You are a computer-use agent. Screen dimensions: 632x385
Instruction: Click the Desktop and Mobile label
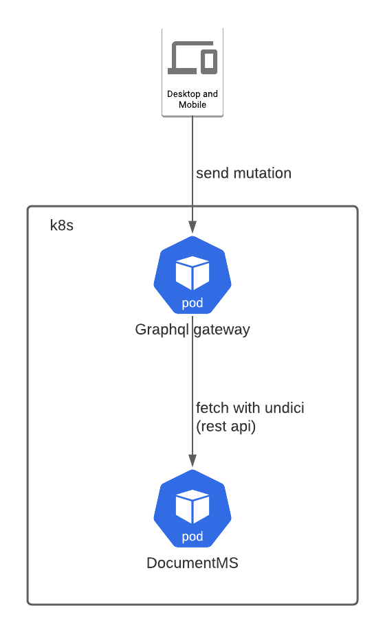coord(192,99)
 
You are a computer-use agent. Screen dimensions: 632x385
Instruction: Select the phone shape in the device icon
coord(210,61)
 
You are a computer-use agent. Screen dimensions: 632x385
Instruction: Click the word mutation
coord(263,173)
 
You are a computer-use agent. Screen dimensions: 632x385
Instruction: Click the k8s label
coord(62,225)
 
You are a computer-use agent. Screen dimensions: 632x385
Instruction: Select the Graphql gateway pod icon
coord(192,278)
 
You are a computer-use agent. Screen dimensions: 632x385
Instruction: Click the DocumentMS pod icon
coord(192,511)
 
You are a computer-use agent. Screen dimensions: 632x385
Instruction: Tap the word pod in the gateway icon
coord(192,303)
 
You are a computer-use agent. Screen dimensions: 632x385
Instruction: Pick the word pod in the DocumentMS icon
coord(192,536)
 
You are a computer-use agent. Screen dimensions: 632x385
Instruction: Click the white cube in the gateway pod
coord(192,273)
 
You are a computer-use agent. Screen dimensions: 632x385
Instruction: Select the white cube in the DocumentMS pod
coord(192,506)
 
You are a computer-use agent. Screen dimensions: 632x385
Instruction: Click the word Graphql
coord(162,330)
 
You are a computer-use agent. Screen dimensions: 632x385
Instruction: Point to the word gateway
coord(222,330)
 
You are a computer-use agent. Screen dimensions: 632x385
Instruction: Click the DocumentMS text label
coord(192,563)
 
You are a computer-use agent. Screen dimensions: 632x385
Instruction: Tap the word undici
coord(282,408)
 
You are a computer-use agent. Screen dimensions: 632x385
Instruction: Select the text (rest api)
coord(225,426)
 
